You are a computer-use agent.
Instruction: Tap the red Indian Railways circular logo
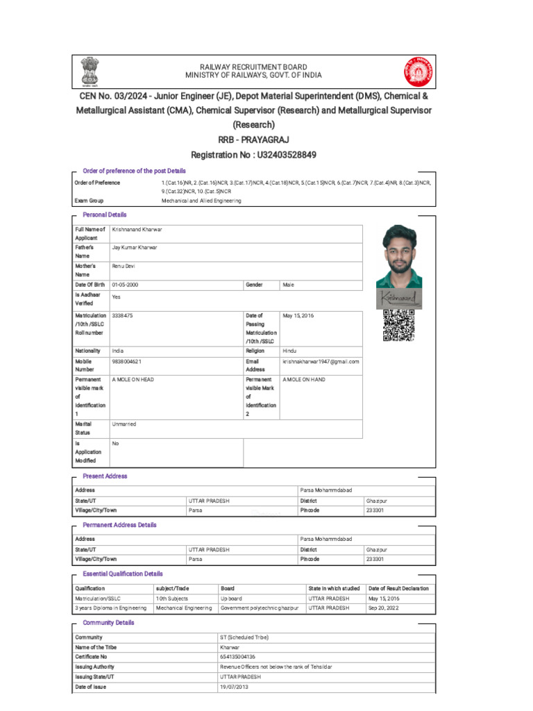click(416, 72)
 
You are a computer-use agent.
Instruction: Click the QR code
click(399, 326)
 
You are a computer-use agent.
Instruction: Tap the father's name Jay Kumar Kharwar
click(135, 247)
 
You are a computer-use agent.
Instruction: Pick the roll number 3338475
click(122, 315)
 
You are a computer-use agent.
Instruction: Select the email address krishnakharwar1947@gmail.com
click(321, 362)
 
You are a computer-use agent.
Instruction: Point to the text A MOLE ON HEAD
click(133, 380)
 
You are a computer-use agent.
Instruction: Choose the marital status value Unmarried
click(124, 424)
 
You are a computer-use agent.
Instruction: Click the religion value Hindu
click(289, 351)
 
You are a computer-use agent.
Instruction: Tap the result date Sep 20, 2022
click(384, 608)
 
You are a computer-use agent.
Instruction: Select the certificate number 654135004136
click(237, 656)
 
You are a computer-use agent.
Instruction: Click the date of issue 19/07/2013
click(233, 686)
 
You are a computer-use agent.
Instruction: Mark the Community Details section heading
click(108, 623)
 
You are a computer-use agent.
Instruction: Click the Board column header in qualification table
click(228, 588)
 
